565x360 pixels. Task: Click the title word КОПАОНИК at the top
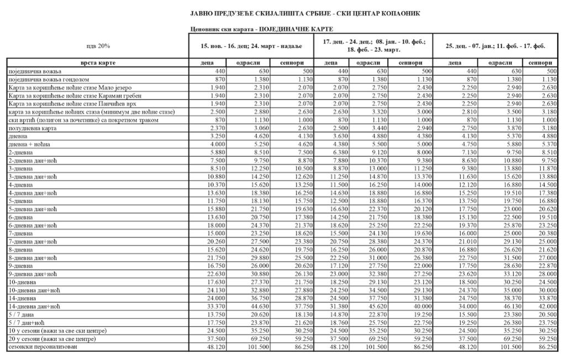click(405, 13)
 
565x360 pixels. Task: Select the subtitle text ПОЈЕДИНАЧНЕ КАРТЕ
click(298, 29)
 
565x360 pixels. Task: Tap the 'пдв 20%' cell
click(98, 46)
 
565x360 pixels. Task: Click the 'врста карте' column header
click(98, 63)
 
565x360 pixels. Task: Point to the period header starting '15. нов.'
click(251, 46)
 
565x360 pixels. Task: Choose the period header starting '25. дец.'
click(495, 46)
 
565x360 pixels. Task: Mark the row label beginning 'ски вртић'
click(83, 120)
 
